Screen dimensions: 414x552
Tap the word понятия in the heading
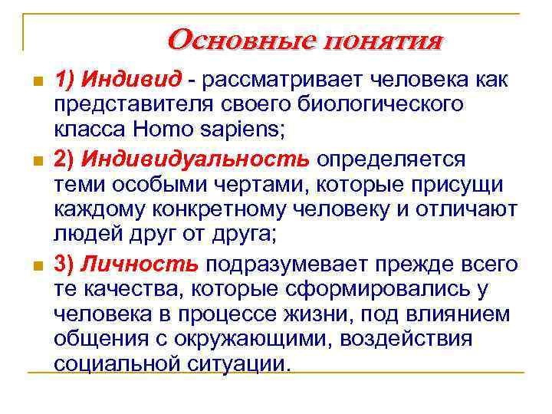[x=383, y=39]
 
